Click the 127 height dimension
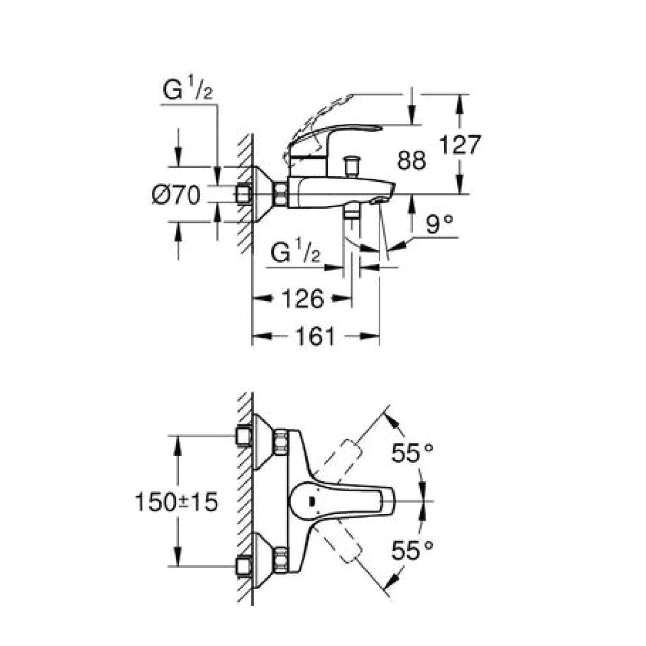460,145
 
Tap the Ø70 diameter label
176,195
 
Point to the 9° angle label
439,224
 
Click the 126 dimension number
303,299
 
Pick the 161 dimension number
315,336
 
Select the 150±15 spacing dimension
176,502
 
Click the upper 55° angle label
412,454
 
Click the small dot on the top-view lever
312,511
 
